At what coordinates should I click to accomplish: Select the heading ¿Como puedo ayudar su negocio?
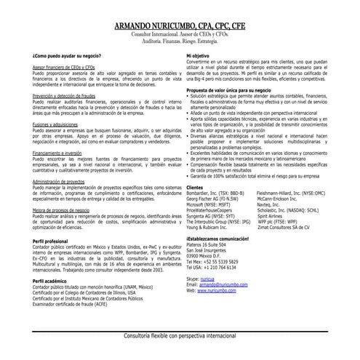[x=67, y=55]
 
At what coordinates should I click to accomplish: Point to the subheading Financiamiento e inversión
[x=61, y=154]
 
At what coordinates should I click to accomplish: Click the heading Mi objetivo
[x=199, y=55]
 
